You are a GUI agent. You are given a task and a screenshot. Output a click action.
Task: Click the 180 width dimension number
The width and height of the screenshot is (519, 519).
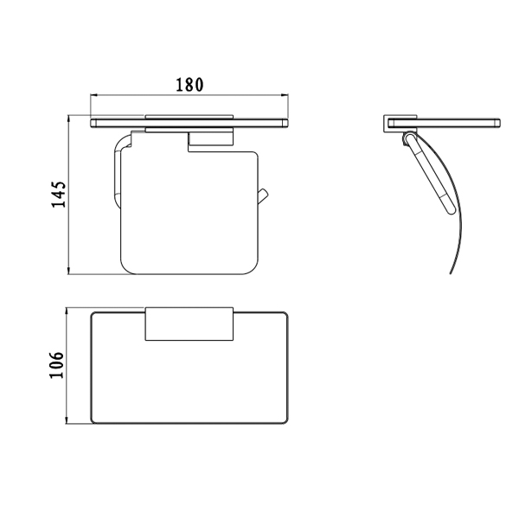[x=189, y=85]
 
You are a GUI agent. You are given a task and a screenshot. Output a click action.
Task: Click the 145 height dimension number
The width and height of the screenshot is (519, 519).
[x=59, y=195]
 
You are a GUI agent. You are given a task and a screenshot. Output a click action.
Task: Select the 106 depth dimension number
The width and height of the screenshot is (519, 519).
[x=56, y=365]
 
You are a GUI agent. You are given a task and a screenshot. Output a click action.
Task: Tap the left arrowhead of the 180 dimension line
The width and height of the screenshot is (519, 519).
[x=94, y=96]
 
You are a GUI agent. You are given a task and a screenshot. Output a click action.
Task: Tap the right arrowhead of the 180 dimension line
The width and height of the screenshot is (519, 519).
[x=285, y=96]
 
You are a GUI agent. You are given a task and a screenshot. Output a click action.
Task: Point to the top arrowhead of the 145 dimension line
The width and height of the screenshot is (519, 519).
[x=69, y=119]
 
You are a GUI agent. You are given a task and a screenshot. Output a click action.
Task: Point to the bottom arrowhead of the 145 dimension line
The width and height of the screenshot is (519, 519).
[x=69, y=271]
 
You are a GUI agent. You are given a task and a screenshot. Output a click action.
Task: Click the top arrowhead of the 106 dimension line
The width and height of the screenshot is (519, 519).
[x=67, y=311]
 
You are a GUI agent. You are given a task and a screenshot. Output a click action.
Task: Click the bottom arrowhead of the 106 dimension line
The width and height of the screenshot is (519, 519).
[x=67, y=420]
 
